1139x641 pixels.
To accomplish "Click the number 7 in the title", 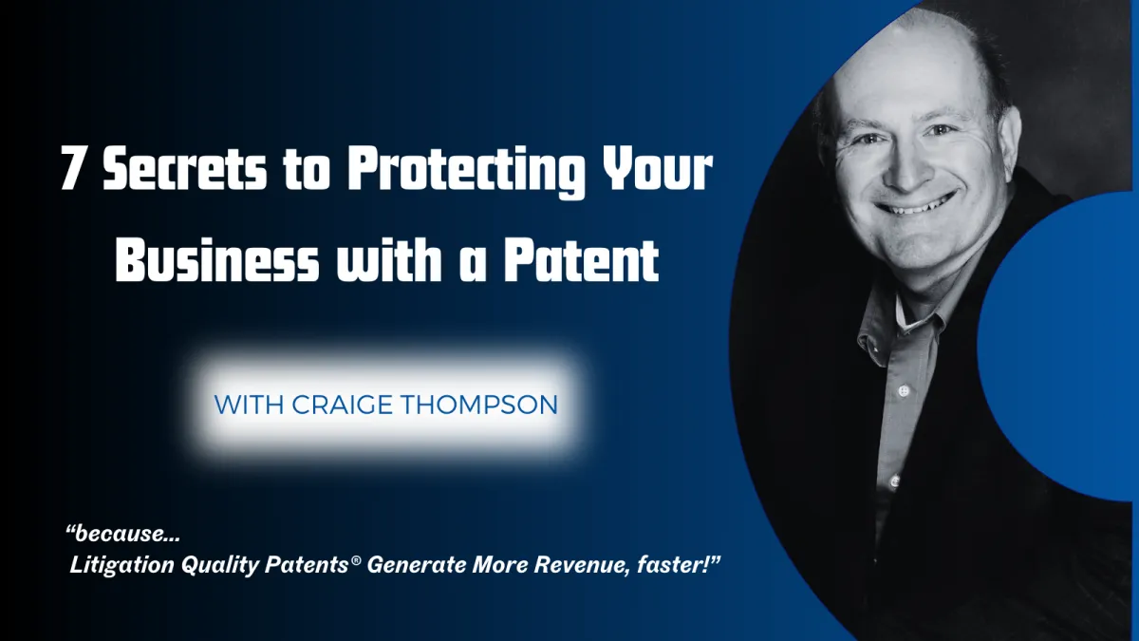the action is pos(72,167).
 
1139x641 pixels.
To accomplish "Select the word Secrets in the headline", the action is pos(184,167).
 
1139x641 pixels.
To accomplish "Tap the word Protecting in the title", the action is pos(466,171).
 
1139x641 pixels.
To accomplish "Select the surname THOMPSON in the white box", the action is pos(479,405).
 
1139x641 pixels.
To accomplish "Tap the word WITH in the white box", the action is pos(249,405).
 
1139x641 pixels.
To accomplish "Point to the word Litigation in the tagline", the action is pos(122,565).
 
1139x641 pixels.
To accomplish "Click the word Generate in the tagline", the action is pos(416,565).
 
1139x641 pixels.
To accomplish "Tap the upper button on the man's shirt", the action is pos(904,390).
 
